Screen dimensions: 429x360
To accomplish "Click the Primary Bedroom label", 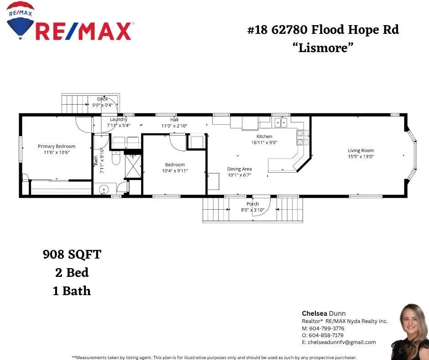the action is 57,146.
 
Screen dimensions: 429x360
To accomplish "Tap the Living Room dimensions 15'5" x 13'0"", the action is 361,156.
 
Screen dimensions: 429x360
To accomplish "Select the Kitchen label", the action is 264,136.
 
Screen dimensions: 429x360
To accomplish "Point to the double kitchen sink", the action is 281,122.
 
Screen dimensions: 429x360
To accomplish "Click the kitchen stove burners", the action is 303,138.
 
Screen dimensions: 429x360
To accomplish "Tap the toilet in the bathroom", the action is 116,158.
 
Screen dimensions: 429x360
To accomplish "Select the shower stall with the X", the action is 133,167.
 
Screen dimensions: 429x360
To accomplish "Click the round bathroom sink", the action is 104,189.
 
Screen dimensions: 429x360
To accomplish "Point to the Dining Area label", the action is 240,169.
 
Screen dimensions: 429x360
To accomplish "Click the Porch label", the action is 252,204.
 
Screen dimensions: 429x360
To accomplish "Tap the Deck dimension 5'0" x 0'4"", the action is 102,105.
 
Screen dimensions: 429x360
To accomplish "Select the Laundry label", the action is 119,119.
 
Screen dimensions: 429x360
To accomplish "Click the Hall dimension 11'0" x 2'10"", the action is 174,126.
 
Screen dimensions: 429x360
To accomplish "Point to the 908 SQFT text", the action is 72,254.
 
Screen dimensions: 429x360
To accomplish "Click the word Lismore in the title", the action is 323,48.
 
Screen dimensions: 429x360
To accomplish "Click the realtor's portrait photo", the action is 409,332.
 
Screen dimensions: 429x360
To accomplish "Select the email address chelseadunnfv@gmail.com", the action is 342,342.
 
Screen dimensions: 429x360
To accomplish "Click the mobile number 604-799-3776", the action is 327,328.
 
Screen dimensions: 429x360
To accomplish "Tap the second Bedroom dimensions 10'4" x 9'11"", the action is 175,171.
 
